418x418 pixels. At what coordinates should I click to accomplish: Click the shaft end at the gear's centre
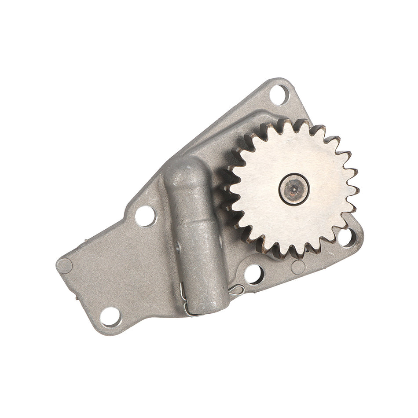pyautogui.click(x=293, y=189)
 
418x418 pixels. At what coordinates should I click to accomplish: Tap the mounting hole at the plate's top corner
pyautogui.click(x=278, y=94)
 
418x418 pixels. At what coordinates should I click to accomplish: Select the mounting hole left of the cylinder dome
pyautogui.click(x=146, y=216)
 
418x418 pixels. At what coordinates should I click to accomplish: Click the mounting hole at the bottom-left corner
pyautogui.click(x=110, y=316)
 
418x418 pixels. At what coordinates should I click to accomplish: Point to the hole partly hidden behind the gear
pyautogui.click(x=347, y=238)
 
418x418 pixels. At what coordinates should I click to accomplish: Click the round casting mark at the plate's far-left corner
pyautogui.click(x=65, y=266)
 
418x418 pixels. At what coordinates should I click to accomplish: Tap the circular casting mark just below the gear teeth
pyautogui.click(x=298, y=266)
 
